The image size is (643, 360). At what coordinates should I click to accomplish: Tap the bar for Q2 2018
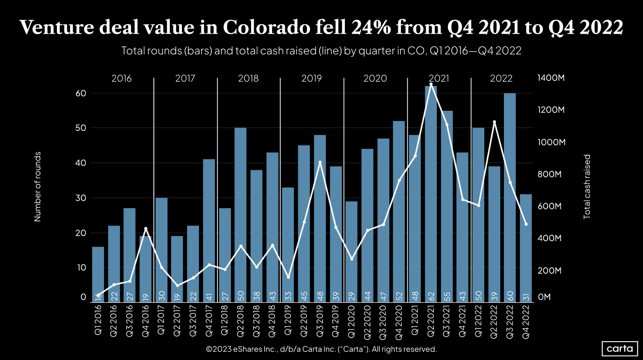click(240, 214)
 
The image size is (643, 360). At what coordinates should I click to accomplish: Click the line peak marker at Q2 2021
click(431, 85)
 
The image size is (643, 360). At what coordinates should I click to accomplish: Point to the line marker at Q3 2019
click(320, 162)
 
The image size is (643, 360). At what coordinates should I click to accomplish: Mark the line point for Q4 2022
click(526, 224)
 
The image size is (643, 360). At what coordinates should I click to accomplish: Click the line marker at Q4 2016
click(146, 229)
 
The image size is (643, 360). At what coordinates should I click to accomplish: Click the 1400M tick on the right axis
click(551, 78)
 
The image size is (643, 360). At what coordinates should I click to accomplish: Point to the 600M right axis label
click(549, 206)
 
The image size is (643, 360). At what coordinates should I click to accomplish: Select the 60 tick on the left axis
click(81, 93)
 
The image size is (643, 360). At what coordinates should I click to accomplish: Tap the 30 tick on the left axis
click(81, 198)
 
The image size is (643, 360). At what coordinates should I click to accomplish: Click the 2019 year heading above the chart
click(311, 78)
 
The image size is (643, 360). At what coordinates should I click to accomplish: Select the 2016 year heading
click(121, 78)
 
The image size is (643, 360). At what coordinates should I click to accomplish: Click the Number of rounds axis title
click(38, 186)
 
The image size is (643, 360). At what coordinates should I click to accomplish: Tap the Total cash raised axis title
click(587, 186)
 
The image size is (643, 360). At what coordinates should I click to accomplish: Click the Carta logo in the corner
click(619, 348)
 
